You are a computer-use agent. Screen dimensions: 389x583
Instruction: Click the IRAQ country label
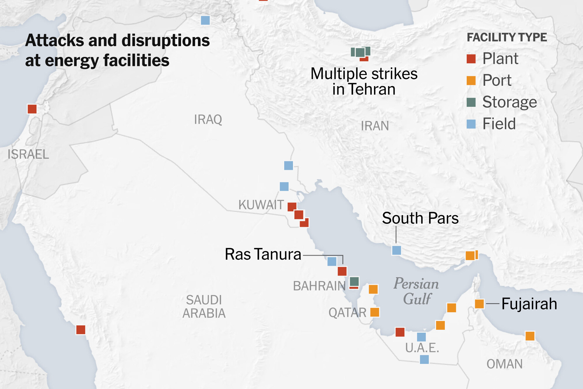coord(208,120)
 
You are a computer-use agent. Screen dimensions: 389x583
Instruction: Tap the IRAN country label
coord(375,126)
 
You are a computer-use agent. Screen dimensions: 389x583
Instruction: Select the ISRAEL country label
coord(28,154)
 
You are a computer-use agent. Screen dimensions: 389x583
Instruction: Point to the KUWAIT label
coord(261,205)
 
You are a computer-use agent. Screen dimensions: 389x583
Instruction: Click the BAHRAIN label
coord(319,286)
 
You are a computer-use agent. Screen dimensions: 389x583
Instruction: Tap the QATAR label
coord(347,313)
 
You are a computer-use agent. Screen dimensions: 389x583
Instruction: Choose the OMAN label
coord(505,364)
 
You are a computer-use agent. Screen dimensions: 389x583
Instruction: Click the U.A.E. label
coord(422,348)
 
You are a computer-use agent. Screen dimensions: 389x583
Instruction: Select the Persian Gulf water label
coord(416,291)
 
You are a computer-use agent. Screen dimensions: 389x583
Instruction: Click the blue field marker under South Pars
coord(396,250)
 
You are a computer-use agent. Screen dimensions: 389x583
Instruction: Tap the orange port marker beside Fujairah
coord(479,304)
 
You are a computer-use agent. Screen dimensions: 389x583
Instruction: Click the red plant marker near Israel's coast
coord(32,109)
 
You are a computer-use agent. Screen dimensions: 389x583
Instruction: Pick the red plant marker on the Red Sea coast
coord(81,330)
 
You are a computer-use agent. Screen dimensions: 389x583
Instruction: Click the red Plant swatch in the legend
coord(471,59)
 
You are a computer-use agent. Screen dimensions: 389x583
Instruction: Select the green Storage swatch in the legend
coord(471,102)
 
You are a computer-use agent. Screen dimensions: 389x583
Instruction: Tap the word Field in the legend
coord(499,124)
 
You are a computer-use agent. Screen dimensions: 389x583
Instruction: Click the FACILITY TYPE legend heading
coord(507,37)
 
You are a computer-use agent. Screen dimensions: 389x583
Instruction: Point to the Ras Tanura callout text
coord(263,254)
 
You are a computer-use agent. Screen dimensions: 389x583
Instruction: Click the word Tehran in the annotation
coord(372,89)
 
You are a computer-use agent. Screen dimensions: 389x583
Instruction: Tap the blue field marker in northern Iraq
coord(206,20)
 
